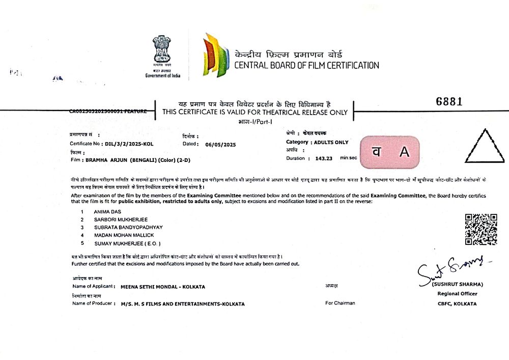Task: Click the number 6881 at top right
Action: click(449, 101)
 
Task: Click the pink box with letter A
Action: click(390, 152)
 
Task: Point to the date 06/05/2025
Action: click(221, 144)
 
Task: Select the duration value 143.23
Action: click(323, 158)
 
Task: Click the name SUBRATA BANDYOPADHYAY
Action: click(129, 227)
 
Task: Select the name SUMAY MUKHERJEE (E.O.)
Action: click(125, 244)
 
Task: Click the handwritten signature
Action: click(450, 270)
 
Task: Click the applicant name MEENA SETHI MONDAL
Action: click(163, 287)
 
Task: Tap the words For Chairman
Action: click(341, 303)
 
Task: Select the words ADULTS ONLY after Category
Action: click(331, 142)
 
